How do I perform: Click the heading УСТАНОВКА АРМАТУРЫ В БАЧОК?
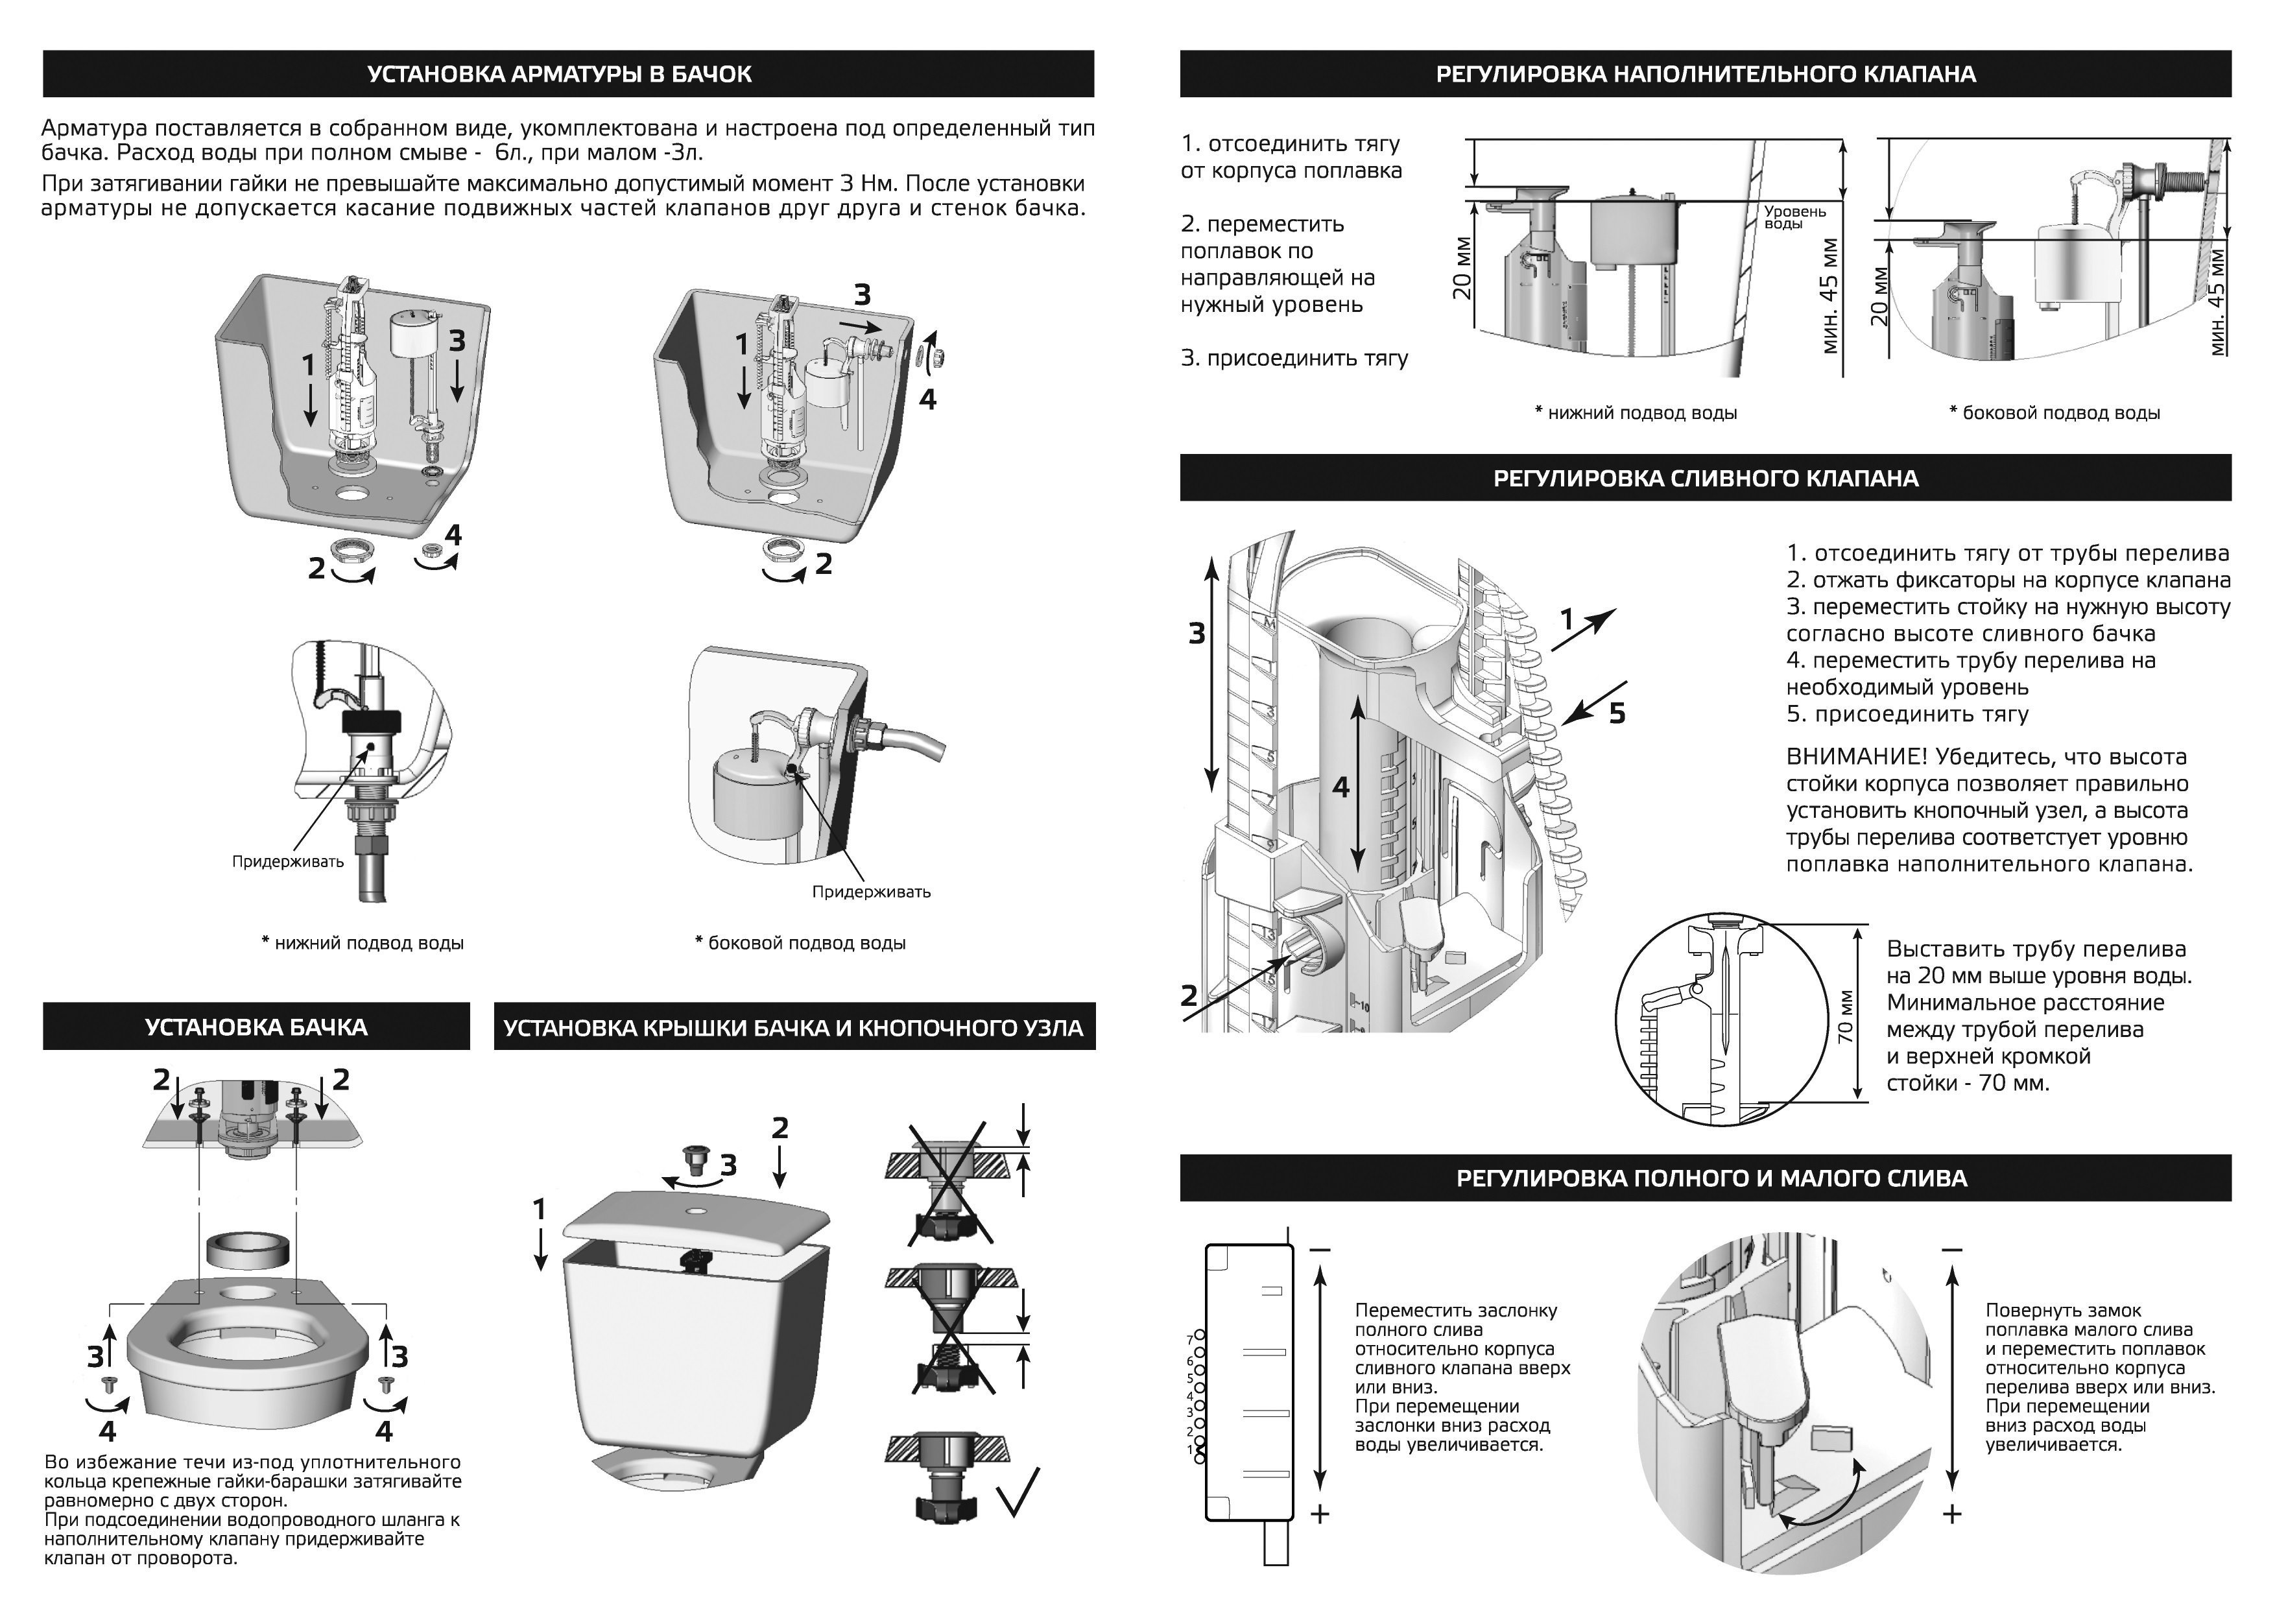coord(559,75)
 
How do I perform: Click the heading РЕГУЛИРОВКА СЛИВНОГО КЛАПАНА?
coord(1705,479)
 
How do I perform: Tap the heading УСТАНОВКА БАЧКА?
coord(256,1027)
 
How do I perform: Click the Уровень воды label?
coord(1794,217)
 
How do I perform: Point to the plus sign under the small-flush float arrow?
coord(1951,1514)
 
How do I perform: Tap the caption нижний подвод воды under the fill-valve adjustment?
coord(1636,413)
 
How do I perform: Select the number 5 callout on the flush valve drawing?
coord(1617,713)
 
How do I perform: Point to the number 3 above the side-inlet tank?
coord(862,294)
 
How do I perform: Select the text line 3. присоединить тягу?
coord(1294,359)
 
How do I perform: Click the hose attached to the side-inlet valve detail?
coord(912,742)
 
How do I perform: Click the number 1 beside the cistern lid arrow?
coord(539,1210)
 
